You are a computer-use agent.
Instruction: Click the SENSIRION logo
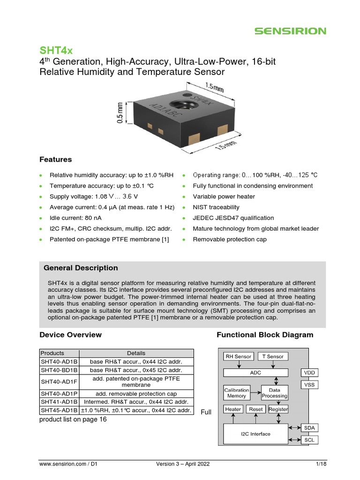(x=290, y=31)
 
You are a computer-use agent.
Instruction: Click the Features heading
(x=56, y=159)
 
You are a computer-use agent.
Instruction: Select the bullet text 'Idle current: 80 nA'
(x=75, y=218)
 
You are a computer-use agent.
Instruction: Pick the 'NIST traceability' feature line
(x=216, y=207)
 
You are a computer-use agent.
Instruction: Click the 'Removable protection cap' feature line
(x=230, y=240)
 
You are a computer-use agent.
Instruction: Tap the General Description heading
(x=81, y=268)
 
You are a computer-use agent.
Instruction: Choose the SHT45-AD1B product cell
(x=59, y=411)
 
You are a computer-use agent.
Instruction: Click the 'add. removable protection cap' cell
(x=136, y=394)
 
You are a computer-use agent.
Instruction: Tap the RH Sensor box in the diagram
(x=238, y=357)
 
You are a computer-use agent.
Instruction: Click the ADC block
(x=255, y=373)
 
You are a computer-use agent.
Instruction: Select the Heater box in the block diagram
(x=233, y=409)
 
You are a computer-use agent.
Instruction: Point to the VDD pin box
(x=309, y=373)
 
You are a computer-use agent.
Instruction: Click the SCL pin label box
(x=309, y=440)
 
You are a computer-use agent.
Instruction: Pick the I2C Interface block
(x=255, y=434)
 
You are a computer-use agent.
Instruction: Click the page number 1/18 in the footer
(x=321, y=464)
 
